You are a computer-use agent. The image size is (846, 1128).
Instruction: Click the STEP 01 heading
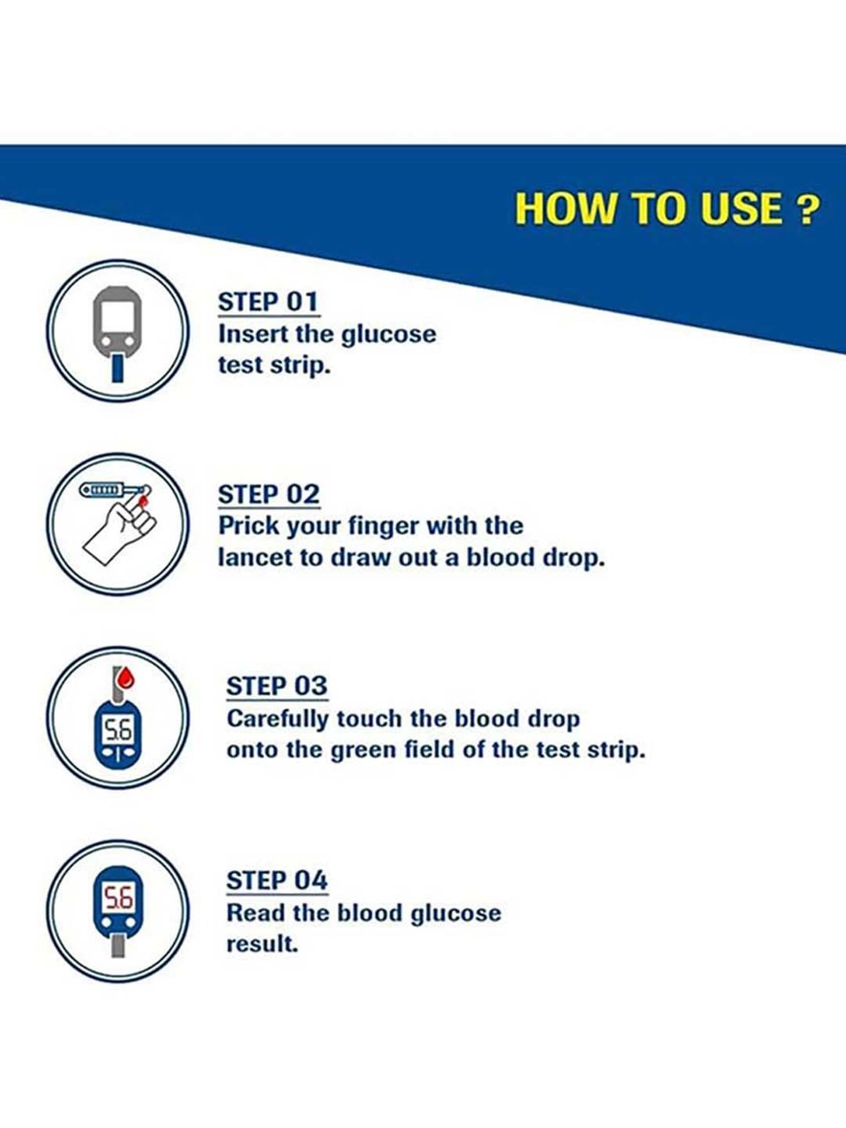click(268, 302)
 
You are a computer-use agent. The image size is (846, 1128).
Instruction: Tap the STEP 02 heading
click(269, 495)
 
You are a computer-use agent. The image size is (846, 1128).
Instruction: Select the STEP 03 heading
click(277, 686)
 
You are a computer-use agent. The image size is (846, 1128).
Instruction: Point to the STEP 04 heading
click(277, 880)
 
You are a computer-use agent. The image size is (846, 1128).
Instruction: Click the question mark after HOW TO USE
click(808, 209)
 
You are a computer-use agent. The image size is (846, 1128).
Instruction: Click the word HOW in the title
click(565, 209)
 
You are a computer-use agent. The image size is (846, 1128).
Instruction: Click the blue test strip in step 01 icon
click(117, 368)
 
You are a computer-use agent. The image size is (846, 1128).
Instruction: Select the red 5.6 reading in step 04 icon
click(117, 898)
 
